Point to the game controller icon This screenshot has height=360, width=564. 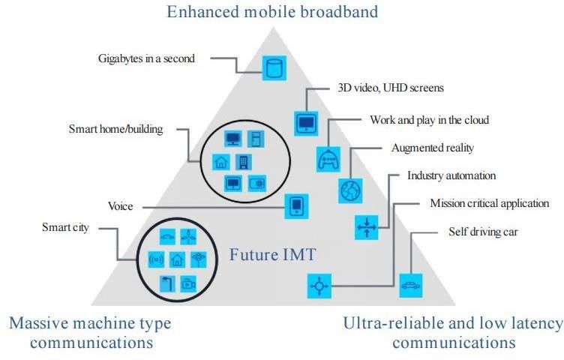click(328, 158)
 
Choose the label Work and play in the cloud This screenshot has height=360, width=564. click(429, 120)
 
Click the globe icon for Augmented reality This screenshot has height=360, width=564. click(350, 190)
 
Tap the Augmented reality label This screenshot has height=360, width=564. click(433, 148)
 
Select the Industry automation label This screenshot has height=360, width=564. click(451, 175)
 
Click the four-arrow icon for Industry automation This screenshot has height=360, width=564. click(367, 225)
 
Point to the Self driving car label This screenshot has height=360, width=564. click(483, 232)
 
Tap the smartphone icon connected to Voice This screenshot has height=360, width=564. click(296, 205)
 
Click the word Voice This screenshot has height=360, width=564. click(121, 205)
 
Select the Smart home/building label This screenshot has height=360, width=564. click(115, 129)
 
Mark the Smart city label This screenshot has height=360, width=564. click(65, 227)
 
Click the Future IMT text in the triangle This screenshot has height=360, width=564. click(273, 256)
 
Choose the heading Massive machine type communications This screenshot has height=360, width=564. click(90, 332)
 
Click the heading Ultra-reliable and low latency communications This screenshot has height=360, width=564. click(453, 332)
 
